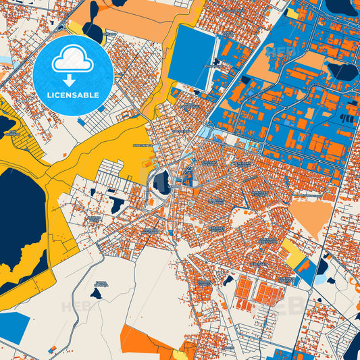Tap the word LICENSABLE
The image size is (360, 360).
[73, 95]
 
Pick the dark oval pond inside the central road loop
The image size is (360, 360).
[163, 180]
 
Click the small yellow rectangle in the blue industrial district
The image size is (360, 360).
[292, 13]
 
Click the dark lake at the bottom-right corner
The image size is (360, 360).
[352, 349]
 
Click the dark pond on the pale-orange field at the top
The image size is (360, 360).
[93, 32]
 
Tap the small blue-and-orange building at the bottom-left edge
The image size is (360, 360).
[52, 350]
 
